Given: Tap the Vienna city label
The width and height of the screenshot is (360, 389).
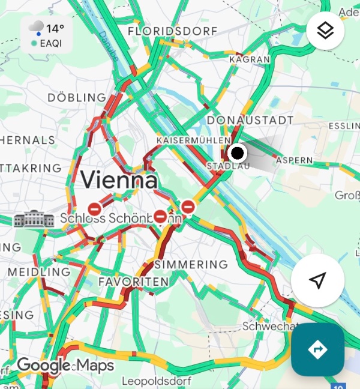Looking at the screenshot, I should pyautogui.click(x=119, y=179).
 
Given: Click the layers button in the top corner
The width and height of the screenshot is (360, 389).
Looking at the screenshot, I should pyautogui.click(x=325, y=31).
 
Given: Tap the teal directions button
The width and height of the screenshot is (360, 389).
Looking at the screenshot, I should pyautogui.click(x=317, y=349).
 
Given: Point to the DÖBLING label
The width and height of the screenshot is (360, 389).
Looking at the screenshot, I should pyautogui.click(x=77, y=97).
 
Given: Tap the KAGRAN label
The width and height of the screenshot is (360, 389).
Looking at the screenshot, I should pyautogui.click(x=249, y=59).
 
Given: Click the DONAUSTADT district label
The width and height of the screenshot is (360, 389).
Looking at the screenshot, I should pyautogui.click(x=250, y=120).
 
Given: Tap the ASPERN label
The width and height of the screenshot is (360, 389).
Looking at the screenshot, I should pyautogui.click(x=294, y=160).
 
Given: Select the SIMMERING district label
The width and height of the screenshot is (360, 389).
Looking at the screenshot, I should pyautogui.click(x=191, y=264).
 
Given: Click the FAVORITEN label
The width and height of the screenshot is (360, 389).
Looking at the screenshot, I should pyautogui.click(x=133, y=282).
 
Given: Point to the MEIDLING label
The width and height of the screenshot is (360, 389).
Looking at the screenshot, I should pyautogui.click(x=39, y=272).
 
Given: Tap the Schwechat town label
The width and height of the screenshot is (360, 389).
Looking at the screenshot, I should pyautogui.click(x=270, y=327).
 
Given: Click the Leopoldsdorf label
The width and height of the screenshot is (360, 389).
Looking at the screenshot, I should pyautogui.click(x=156, y=381).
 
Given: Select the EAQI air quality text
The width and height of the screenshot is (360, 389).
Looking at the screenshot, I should pyautogui.click(x=52, y=43).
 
